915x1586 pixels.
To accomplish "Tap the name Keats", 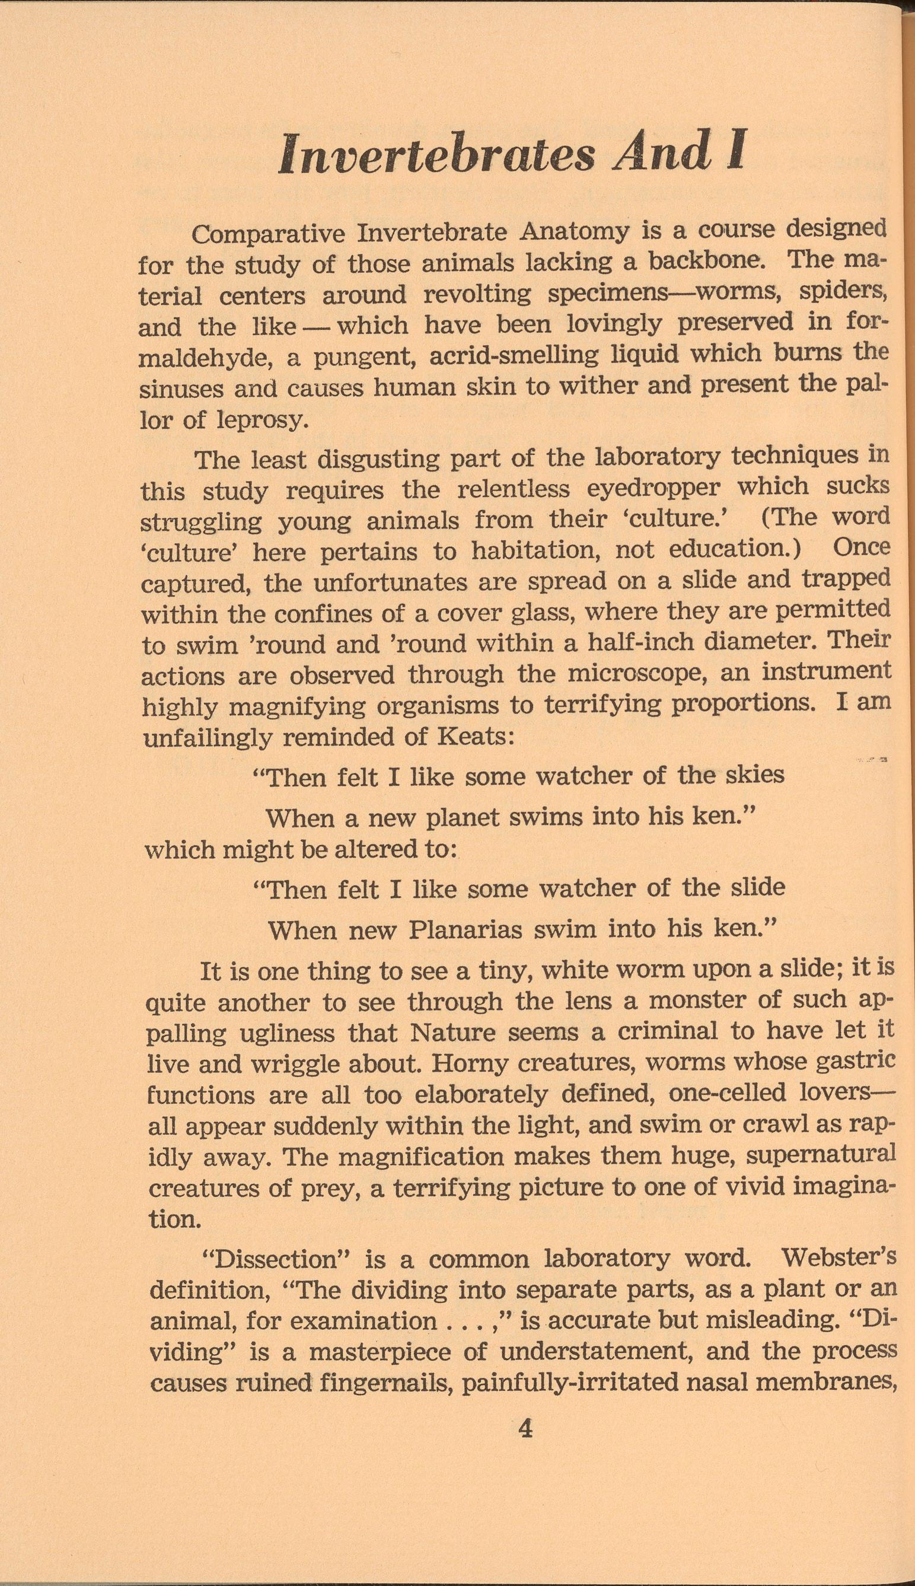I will pyautogui.click(x=478, y=736).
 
